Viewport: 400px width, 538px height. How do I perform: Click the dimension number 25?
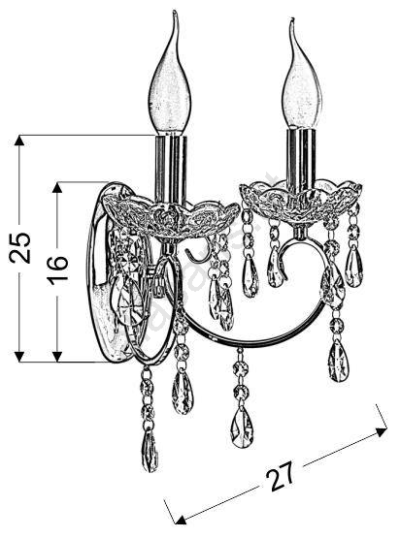[20, 248]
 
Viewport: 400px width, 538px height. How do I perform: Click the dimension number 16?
[57, 271]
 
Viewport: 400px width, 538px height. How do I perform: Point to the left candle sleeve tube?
[171, 169]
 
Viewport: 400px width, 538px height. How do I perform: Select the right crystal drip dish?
[301, 201]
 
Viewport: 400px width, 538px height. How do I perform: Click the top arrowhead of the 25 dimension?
[19, 140]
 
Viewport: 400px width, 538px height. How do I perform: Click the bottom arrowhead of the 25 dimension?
[19, 357]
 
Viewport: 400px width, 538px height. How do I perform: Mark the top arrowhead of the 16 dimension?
[57, 187]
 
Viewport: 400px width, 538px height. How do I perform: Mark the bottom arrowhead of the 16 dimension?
[57, 357]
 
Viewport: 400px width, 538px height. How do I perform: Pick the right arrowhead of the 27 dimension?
[383, 431]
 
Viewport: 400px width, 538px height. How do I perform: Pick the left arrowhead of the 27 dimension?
[181, 520]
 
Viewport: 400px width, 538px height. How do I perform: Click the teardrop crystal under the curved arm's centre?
[243, 428]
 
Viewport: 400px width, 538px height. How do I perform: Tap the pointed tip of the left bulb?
[175, 12]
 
